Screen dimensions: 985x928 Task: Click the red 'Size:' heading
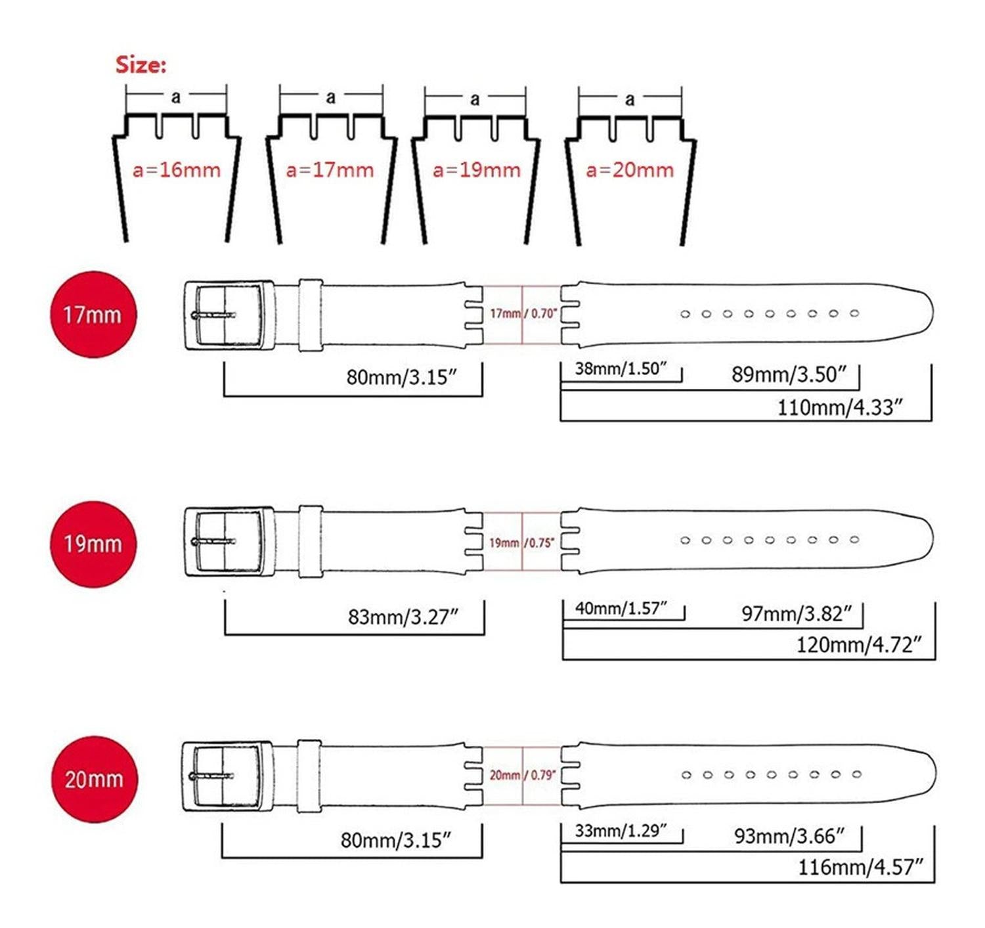click(x=141, y=65)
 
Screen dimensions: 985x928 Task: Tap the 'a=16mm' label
click(x=177, y=170)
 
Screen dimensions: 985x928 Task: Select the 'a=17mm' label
click(x=330, y=170)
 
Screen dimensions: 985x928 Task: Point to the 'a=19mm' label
click(x=477, y=170)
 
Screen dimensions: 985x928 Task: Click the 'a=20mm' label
click(x=630, y=170)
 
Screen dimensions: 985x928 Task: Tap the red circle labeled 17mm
click(x=93, y=314)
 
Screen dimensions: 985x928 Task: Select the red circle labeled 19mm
click(x=93, y=544)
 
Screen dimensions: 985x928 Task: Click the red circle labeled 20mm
click(x=95, y=779)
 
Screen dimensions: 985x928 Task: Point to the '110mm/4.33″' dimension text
click(x=839, y=407)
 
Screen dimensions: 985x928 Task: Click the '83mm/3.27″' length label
click(x=403, y=617)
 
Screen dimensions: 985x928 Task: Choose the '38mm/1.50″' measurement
click(x=621, y=368)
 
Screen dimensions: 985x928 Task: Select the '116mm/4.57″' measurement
click(x=860, y=868)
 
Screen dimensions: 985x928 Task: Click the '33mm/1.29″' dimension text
click(x=621, y=830)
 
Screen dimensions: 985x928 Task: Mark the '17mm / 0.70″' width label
click(x=523, y=313)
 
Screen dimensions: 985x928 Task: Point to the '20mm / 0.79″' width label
click(x=523, y=775)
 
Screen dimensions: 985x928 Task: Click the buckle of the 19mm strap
click(x=229, y=542)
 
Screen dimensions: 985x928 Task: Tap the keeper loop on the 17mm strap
click(x=311, y=315)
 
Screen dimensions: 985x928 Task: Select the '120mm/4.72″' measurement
click(x=858, y=645)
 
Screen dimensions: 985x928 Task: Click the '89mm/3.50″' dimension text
click(x=787, y=374)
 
